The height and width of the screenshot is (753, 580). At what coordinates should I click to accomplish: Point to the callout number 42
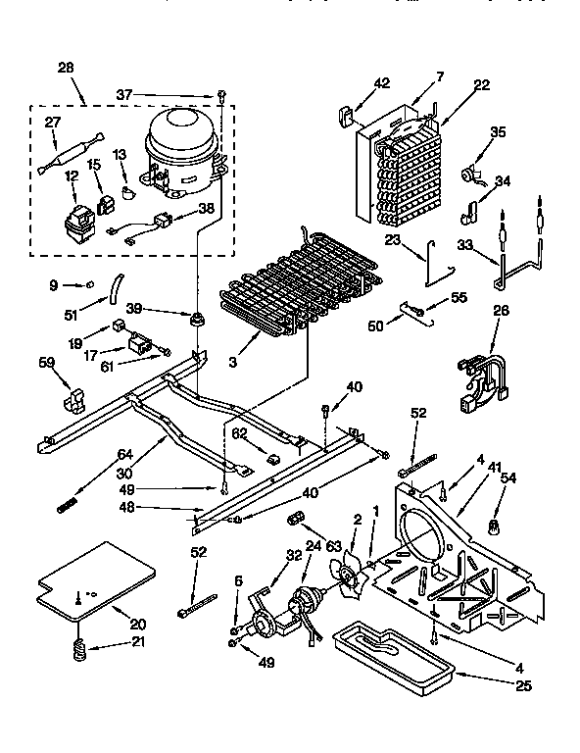[x=381, y=84]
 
